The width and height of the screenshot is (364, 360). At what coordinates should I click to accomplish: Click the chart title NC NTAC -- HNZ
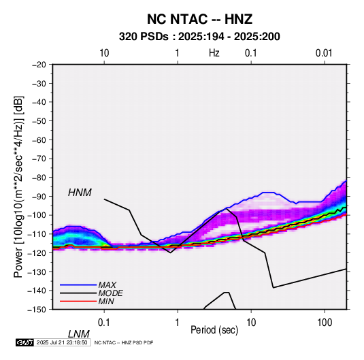[x=199, y=19]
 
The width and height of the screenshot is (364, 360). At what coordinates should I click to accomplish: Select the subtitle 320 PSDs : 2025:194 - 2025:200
[x=199, y=37]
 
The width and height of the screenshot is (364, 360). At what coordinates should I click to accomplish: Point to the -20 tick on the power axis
[x=39, y=65]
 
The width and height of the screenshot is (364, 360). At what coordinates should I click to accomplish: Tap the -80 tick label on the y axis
[x=39, y=178]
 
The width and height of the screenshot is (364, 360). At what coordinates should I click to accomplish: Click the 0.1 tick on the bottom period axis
[x=104, y=323]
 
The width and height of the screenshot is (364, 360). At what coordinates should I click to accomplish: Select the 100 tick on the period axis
[x=325, y=323]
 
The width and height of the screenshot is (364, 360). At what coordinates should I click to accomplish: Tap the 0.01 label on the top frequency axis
[x=324, y=53]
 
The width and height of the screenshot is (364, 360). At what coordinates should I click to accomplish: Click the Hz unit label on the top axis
[x=214, y=53]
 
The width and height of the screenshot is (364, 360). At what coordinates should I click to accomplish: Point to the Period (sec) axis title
[x=214, y=330]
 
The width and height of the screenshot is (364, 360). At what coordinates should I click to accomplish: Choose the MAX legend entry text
[x=107, y=285]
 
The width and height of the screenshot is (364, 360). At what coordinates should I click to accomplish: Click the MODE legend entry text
[x=110, y=293]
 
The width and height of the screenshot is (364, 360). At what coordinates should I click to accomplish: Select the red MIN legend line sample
[x=78, y=301]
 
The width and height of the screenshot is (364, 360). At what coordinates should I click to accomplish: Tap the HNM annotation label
[x=80, y=193]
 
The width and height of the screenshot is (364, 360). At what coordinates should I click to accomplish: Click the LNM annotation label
[x=79, y=334]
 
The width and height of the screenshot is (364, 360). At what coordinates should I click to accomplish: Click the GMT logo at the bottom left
[x=25, y=342]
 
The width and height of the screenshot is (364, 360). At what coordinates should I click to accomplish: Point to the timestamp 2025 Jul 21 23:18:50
[x=62, y=342]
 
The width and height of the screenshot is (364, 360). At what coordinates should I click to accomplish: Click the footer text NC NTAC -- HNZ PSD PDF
[x=124, y=342]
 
